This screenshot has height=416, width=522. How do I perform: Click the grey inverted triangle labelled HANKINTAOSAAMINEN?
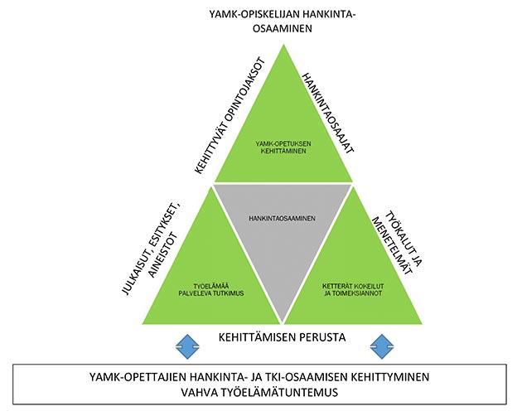283,233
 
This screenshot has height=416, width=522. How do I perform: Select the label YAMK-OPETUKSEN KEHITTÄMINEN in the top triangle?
283,148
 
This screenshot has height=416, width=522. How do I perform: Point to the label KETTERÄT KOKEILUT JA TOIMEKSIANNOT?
353,290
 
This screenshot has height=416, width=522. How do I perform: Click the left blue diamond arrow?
187,346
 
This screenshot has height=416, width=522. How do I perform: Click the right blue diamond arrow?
382,346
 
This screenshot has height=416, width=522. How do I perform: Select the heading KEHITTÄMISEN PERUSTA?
282,337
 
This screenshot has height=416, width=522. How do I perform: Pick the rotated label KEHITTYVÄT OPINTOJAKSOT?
230,116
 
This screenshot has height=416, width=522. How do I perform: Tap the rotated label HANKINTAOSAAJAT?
327,114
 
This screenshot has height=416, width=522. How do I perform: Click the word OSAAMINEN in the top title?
283,28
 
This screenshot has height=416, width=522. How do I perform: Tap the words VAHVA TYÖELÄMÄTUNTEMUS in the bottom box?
259,392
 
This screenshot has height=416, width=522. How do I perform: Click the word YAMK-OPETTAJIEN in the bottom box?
138,377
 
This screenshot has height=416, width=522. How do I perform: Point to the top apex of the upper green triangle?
283,45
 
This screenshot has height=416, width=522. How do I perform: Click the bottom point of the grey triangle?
283,322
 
